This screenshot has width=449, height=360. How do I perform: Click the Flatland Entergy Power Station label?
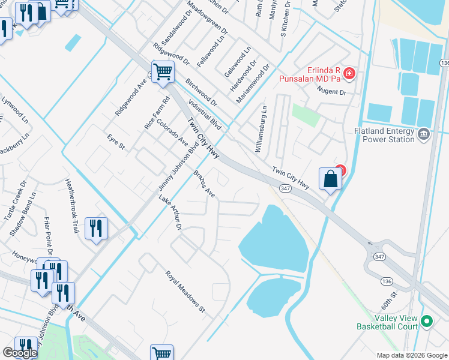pyautogui.click(x=384, y=135)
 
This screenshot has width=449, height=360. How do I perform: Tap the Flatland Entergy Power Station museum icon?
pyautogui.click(x=424, y=133)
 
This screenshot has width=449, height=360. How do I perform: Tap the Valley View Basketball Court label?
pyautogui.click(x=387, y=323)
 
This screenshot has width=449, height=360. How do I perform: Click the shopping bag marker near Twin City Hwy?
pyautogui.click(x=330, y=179)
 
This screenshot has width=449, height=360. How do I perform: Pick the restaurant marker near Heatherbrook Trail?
pyautogui.click(x=96, y=229)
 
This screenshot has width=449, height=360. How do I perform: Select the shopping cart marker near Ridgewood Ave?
pyautogui.click(x=163, y=73)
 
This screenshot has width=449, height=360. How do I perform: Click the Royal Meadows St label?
pyautogui.click(x=185, y=292)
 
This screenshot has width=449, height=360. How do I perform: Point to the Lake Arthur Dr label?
pyautogui.click(x=170, y=212)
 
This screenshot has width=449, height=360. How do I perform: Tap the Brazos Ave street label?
pyautogui.click(x=204, y=184)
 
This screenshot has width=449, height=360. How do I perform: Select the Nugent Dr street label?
pyautogui.click(x=335, y=92)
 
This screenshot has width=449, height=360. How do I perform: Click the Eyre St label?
pyautogui.click(x=116, y=143)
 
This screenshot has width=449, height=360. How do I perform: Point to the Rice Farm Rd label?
pyautogui.click(x=149, y=113)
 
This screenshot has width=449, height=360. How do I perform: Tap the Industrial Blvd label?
pyautogui.click(x=205, y=115)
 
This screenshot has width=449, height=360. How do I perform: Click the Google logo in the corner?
pyautogui.click(x=20, y=353)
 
